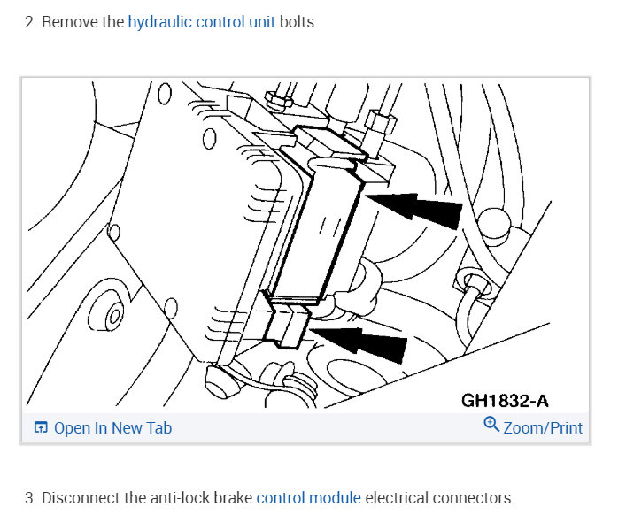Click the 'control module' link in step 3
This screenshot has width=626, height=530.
(308, 498)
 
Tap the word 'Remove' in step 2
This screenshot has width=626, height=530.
(69, 22)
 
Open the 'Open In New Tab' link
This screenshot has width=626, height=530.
(112, 428)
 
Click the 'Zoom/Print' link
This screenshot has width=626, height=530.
(542, 428)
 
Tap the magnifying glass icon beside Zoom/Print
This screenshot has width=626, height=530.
(491, 425)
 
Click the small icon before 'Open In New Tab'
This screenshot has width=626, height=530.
(41, 428)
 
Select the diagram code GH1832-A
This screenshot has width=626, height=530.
(511, 400)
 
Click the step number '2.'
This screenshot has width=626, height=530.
(31, 22)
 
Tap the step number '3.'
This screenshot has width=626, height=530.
(31, 498)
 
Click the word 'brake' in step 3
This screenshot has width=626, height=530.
(230, 498)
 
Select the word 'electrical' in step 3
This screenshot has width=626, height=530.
(397, 498)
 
